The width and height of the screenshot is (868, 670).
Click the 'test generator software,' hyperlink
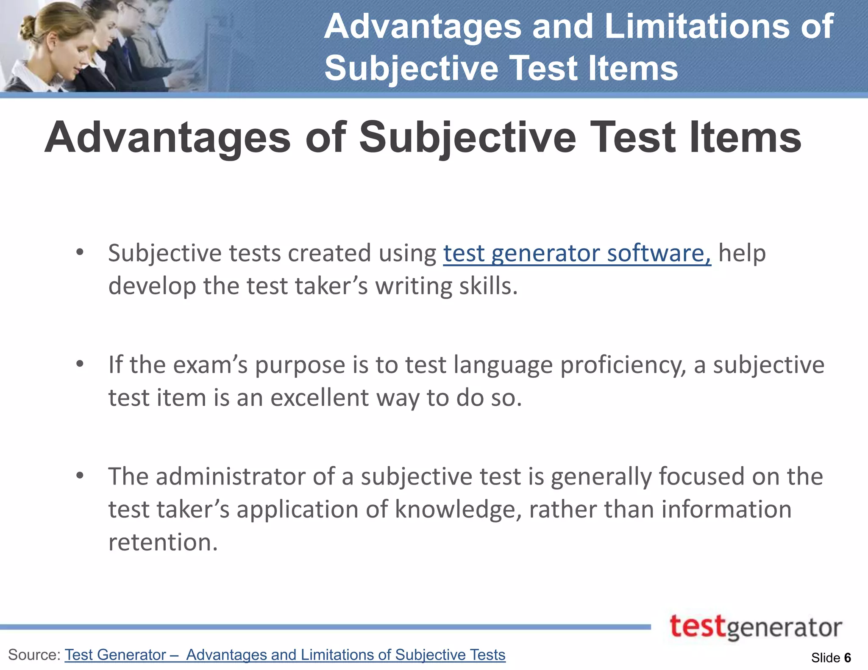coord(577,253)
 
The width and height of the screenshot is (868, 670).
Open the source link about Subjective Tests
coord(285,655)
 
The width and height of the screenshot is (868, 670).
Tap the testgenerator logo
coord(756,627)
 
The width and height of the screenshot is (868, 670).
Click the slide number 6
coord(847,658)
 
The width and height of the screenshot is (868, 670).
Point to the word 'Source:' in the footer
coord(35,655)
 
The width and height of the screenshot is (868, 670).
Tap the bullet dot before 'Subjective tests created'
coord(80,253)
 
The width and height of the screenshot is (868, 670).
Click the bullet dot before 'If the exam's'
coord(80,364)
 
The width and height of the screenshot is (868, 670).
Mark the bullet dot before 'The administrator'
coord(80,476)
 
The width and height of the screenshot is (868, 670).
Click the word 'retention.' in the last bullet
coord(163,542)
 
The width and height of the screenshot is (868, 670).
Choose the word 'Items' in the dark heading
coord(745,137)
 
